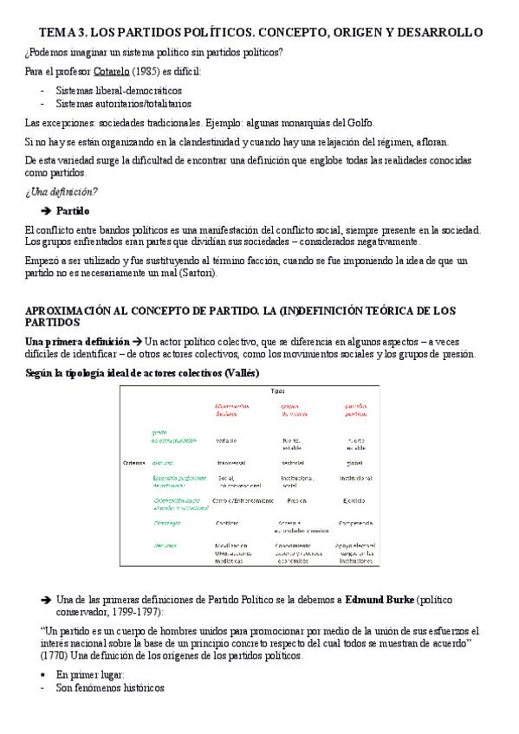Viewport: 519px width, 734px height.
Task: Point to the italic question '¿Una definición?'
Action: [62, 191]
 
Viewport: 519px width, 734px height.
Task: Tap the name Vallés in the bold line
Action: [240, 373]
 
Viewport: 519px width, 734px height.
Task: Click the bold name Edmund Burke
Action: [382, 598]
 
